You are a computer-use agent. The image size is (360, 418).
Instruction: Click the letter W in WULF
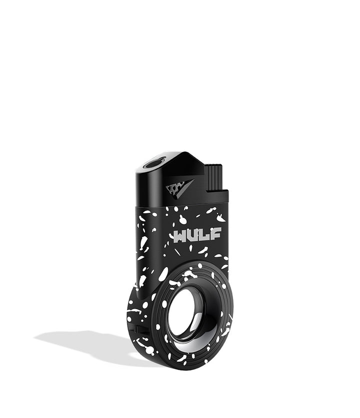click(180, 236)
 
